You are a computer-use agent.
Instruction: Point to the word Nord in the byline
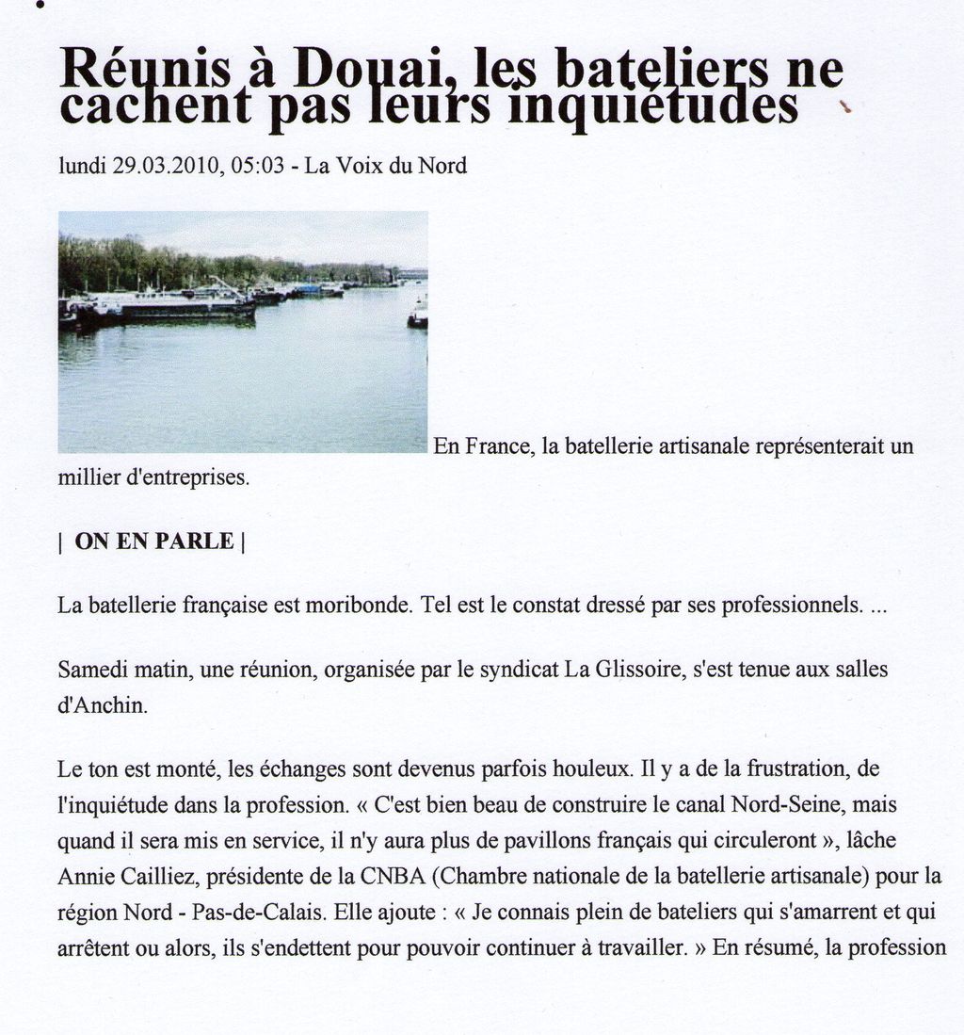click(x=442, y=166)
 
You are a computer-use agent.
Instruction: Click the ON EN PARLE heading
click(x=153, y=542)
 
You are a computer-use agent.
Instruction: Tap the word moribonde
click(x=357, y=605)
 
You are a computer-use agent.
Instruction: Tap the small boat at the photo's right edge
click(x=418, y=317)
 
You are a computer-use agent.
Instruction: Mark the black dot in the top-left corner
click(x=40, y=5)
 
